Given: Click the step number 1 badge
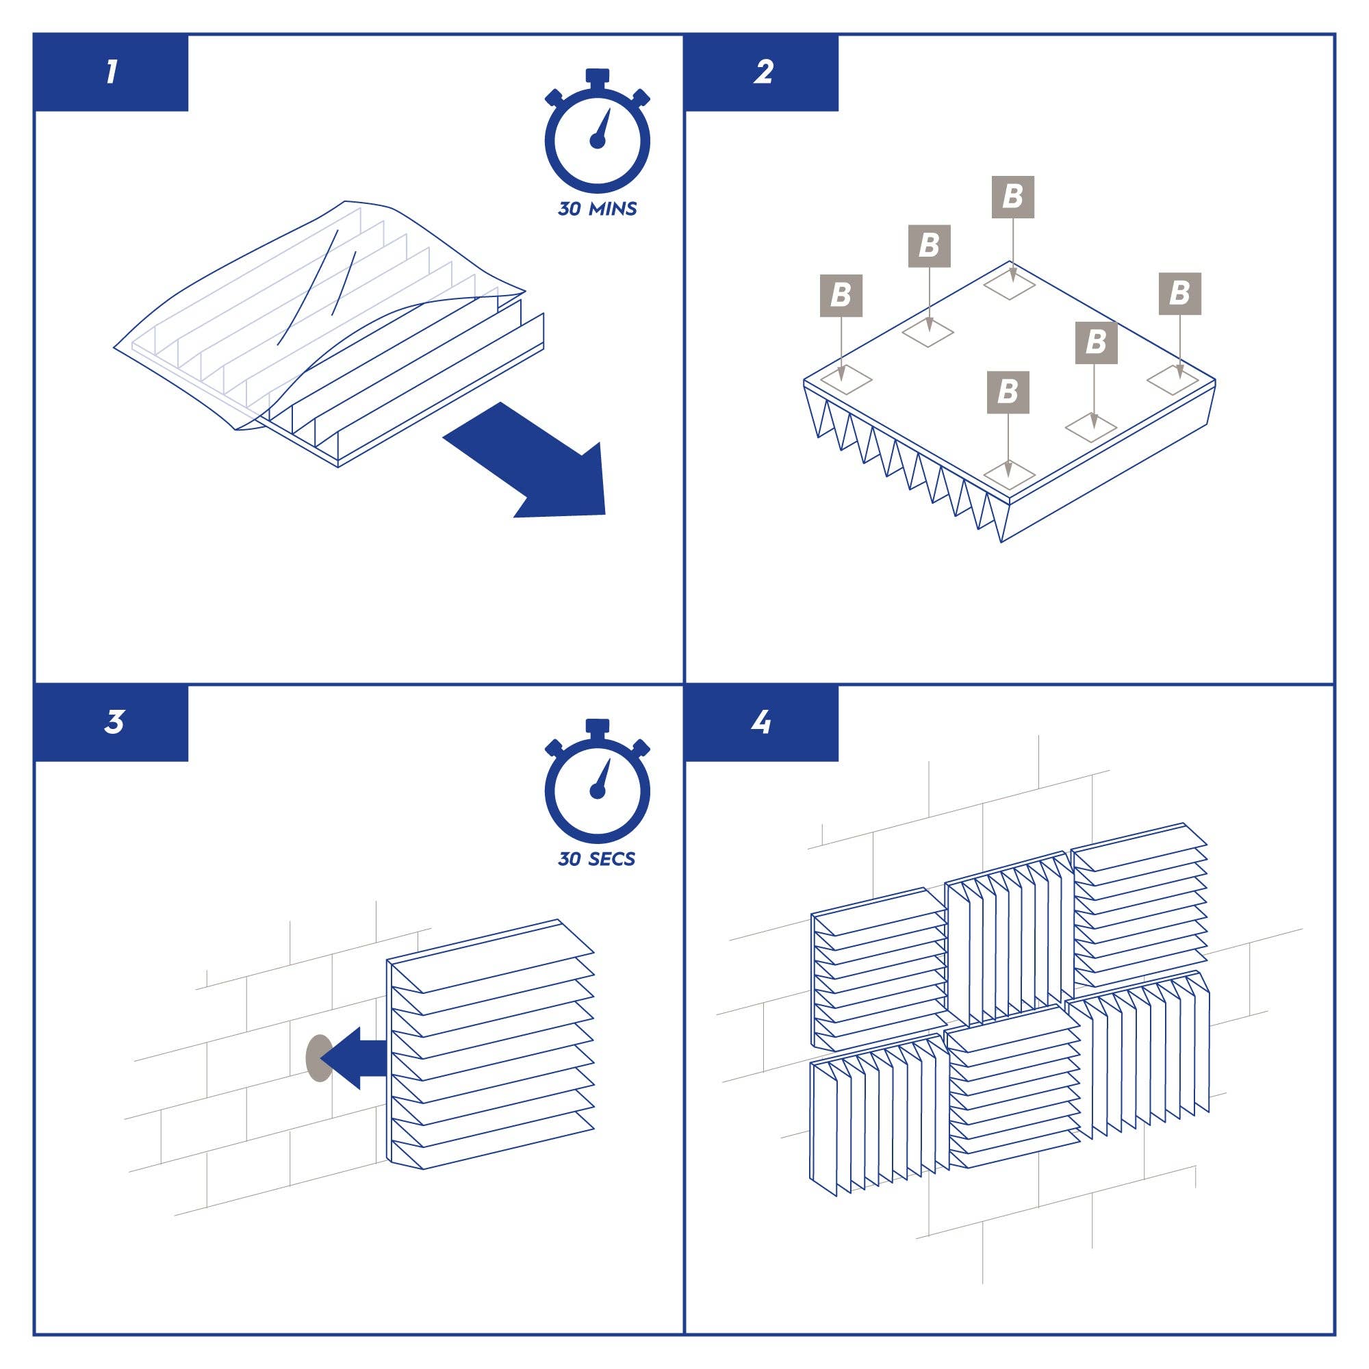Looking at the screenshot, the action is coord(112,73).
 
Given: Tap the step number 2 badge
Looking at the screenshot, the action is coord(763,73).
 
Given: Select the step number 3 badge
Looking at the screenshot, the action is coord(114,723).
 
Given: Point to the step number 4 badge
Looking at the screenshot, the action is coord(762,723).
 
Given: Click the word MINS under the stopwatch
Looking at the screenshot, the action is coord(613,209).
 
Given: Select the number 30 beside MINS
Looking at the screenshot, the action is coord(570,209).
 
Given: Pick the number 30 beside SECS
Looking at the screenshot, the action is coord(570,859).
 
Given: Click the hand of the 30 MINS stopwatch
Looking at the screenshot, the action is coord(603,125).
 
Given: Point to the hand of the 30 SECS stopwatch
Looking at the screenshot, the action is coord(603,776).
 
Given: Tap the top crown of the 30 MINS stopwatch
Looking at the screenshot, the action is coord(598,77).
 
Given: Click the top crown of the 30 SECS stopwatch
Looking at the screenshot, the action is coord(598,728).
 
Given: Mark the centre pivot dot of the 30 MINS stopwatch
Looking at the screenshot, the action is coord(598,141).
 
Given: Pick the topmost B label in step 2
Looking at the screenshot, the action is coord(1012,196).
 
